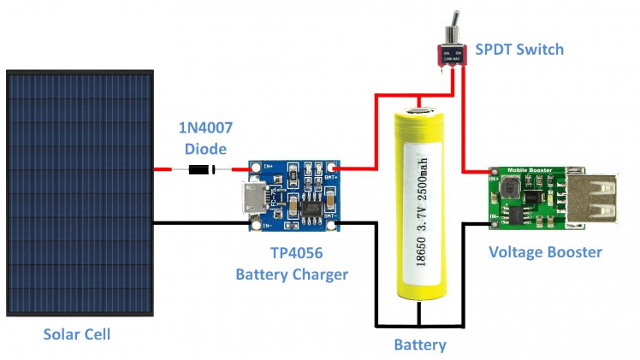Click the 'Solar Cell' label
tap(77, 333)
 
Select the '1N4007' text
tap(204, 129)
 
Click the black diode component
tap(202, 169)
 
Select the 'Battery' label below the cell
tap(419, 345)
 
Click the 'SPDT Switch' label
tap(519, 50)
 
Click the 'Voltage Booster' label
tap(545, 252)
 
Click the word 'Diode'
tap(204, 148)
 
